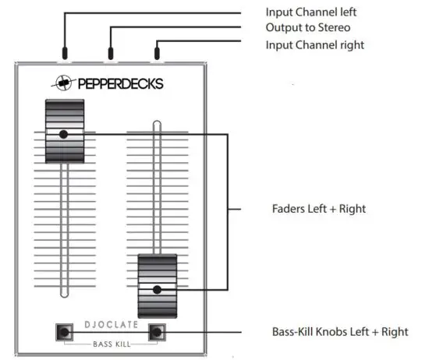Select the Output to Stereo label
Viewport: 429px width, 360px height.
[307, 29]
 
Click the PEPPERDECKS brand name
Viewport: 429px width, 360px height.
[121, 83]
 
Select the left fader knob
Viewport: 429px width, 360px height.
[63, 133]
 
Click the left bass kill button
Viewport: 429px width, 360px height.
[63, 333]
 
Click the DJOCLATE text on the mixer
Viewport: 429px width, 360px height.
[110, 326]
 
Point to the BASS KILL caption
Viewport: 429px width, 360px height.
[110, 343]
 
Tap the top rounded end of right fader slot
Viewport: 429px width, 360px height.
[157, 125]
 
